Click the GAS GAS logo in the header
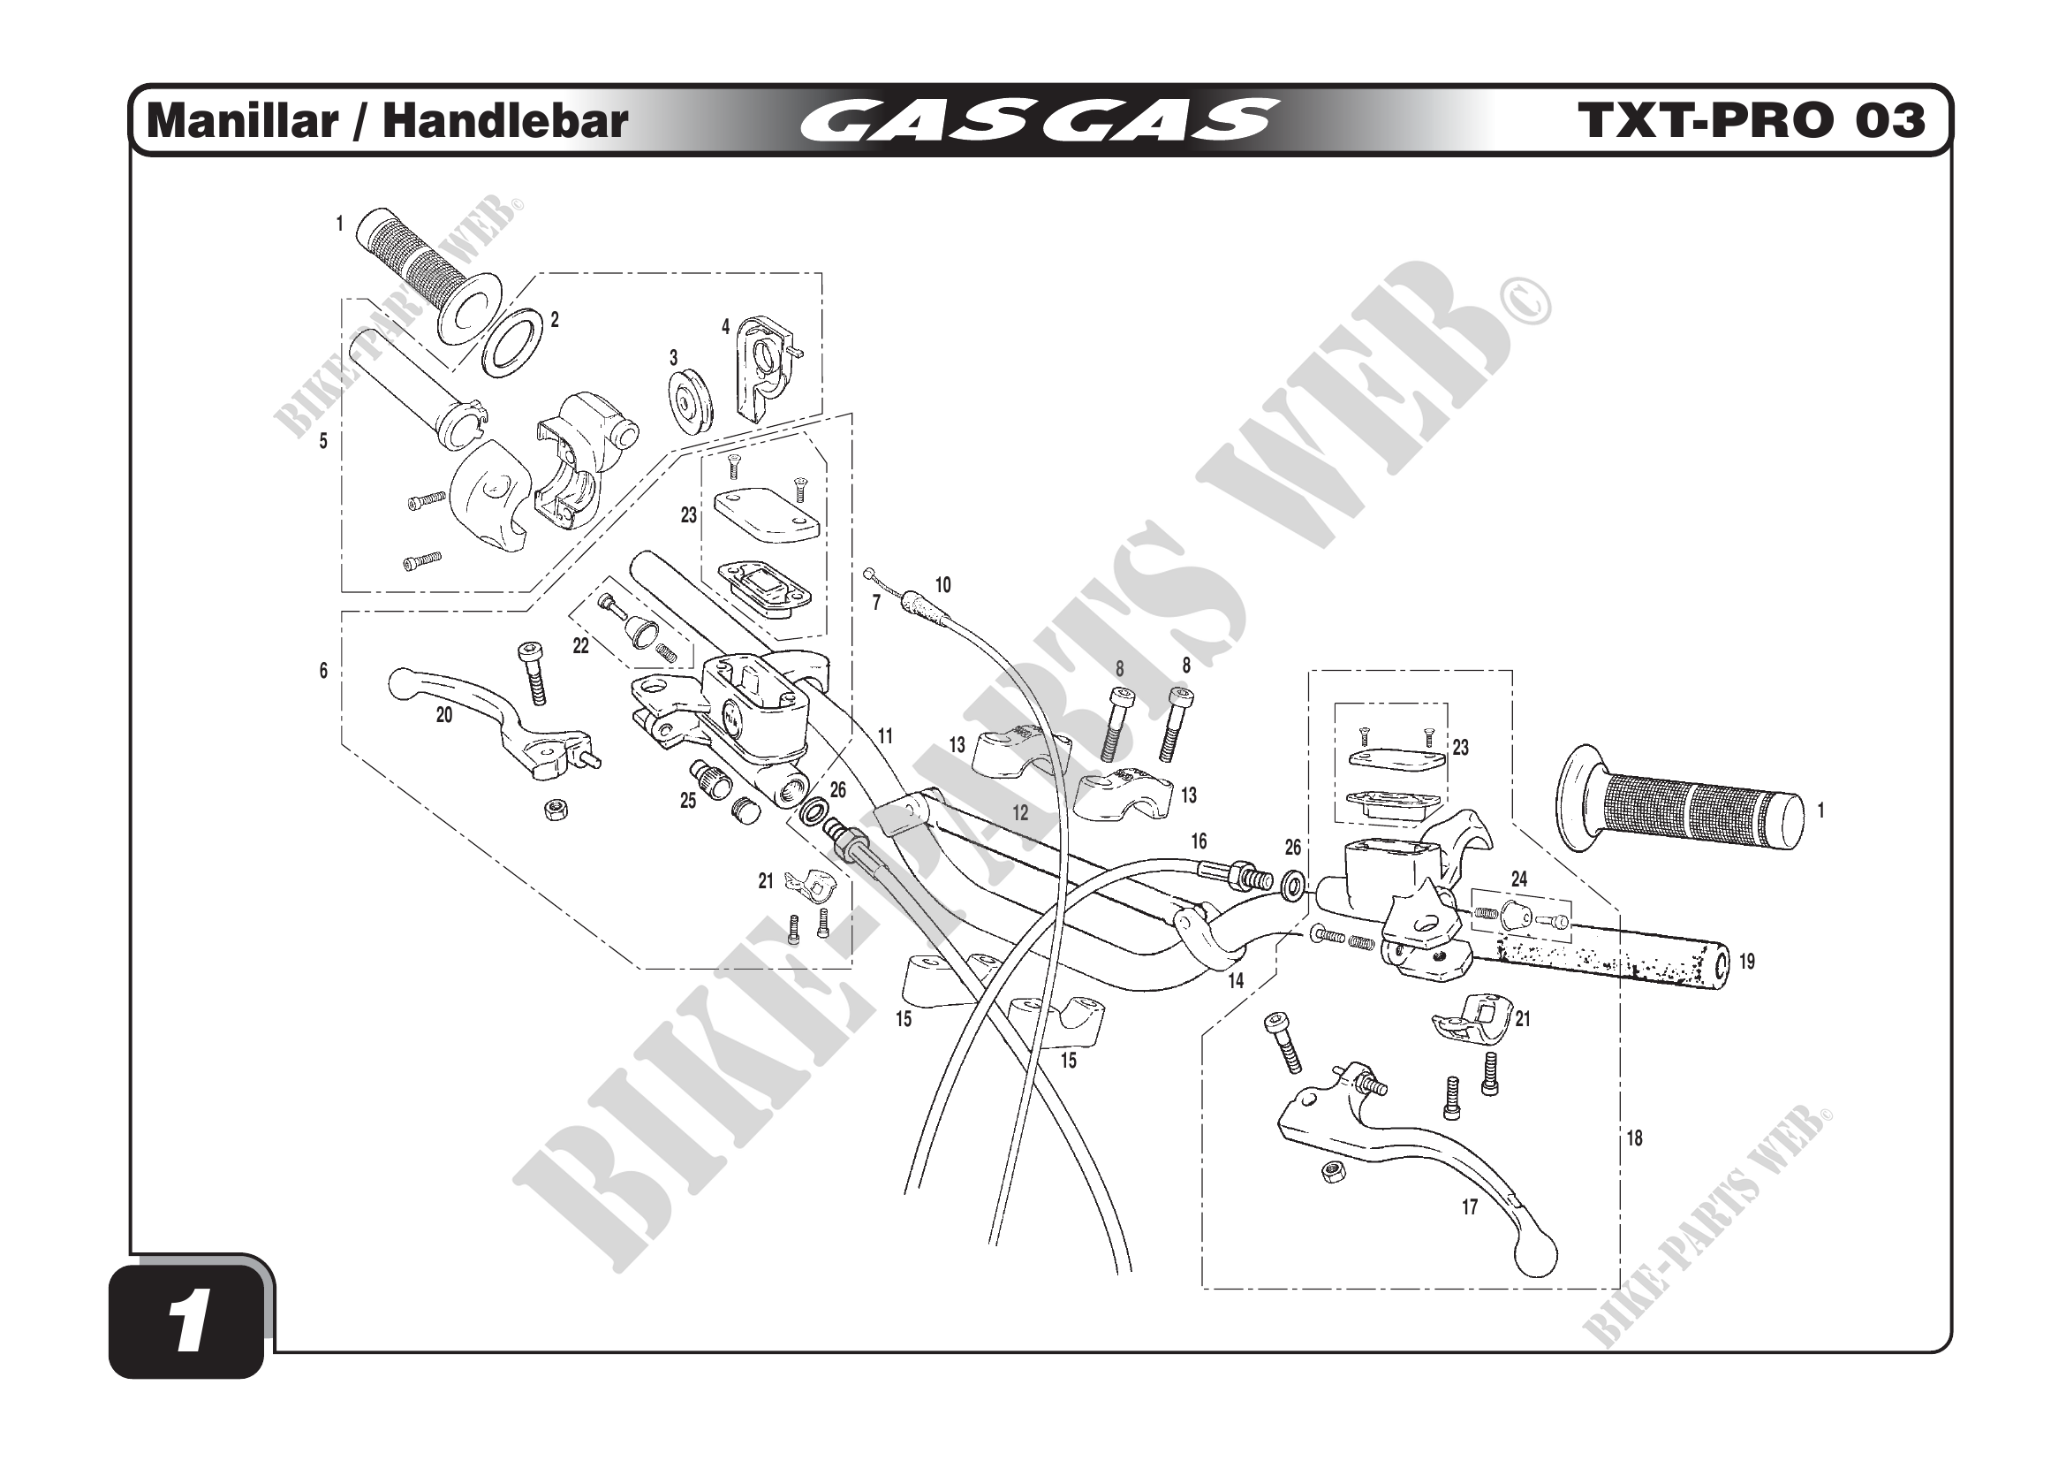(x=1040, y=120)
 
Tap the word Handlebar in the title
(x=505, y=120)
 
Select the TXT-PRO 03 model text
(x=1751, y=120)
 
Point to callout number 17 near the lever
(x=1470, y=1208)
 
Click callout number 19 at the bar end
(x=1746, y=962)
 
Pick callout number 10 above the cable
(x=943, y=585)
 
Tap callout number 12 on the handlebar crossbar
(x=1020, y=813)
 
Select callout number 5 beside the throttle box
(x=324, y=441)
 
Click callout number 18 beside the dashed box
(x=1634, y=1138)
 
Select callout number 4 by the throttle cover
(x=725, y=327)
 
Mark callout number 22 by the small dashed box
(x=581, y=645)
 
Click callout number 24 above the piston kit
(x=1519, y=879)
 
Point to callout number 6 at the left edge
(x=324, y=671)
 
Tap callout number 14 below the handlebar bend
(x=1237, y=981)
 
